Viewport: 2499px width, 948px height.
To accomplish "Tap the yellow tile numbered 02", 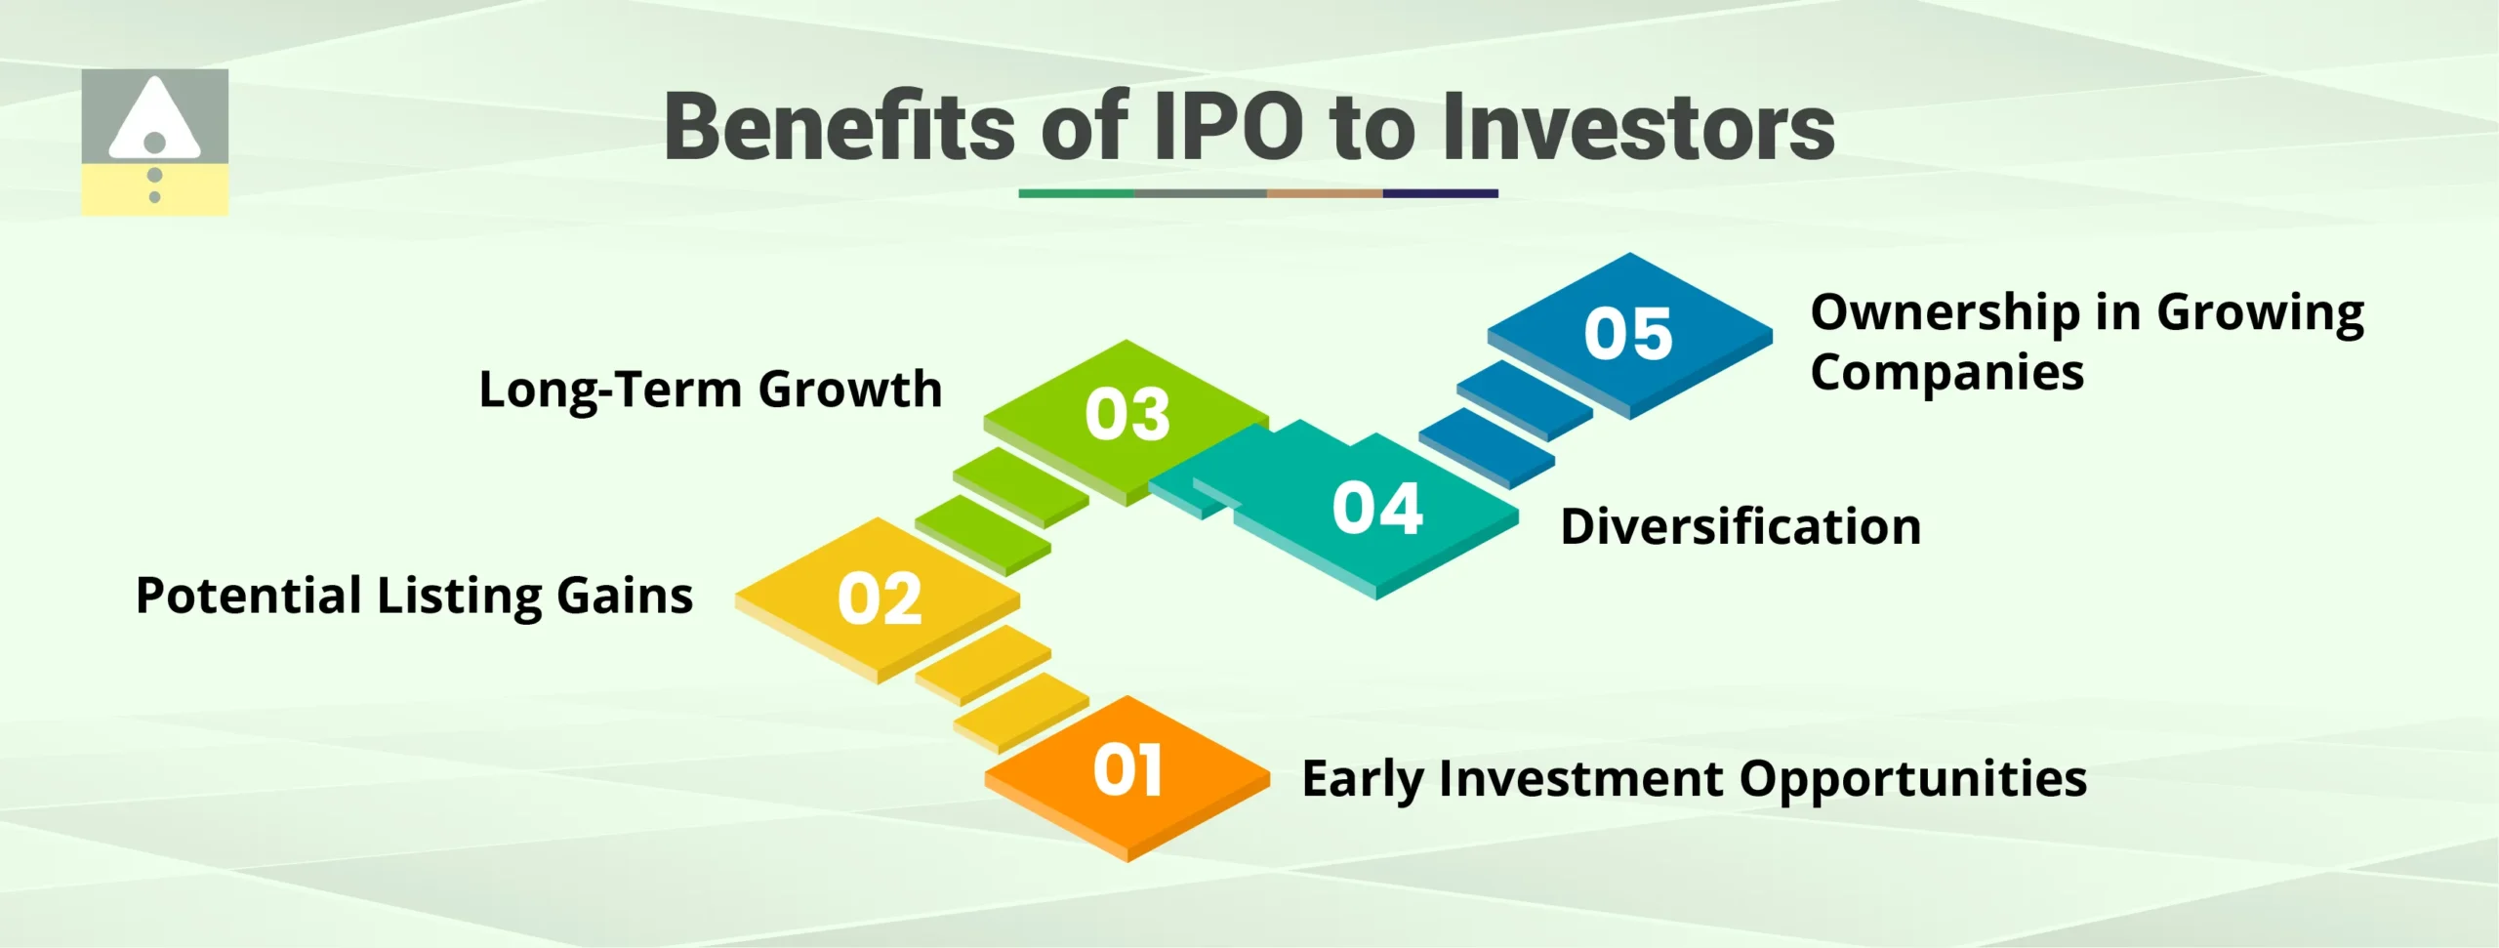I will click(x=879, y=598).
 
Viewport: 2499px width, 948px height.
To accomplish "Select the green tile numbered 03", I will click(x=1127, y=414).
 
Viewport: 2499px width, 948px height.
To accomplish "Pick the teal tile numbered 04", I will click(x=1376, y=510).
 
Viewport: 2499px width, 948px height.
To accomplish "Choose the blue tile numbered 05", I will click(x=1628, y=334).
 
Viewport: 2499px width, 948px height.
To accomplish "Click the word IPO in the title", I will click(x=1228, y=127).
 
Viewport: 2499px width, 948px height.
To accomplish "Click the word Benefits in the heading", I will click(x=840, y=127).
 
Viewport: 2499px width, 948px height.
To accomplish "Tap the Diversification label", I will click(x=1741, y=527).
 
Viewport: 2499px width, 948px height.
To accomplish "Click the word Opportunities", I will click(x=1912, y=780).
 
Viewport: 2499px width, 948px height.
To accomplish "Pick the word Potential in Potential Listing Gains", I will click(x=249, y=597).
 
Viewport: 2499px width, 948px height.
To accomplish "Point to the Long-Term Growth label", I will click(x=711, y=390).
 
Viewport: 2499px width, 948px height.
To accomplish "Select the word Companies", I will click(x=1946, y=373).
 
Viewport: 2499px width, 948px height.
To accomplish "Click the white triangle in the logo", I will click(x=154, y=122).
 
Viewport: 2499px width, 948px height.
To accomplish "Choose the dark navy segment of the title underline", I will click(x=1440, y=193).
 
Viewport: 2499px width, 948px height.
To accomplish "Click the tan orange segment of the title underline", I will click(x=1324, y=193).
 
